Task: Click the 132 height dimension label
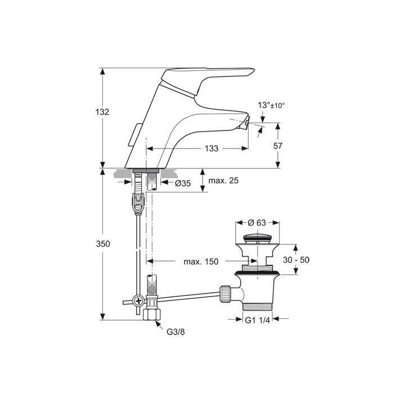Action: pos(102,112)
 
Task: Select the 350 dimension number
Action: pos(103,244)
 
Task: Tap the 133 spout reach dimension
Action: pos(211,148)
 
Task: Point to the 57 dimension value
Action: pos(278,146)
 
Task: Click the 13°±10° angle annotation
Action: pos(271,105)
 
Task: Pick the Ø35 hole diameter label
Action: pos(183,183)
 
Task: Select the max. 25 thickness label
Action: pos(223,181)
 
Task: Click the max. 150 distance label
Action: pos(201,262)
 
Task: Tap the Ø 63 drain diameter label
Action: pos(256,222)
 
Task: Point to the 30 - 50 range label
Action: pos(296,259)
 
